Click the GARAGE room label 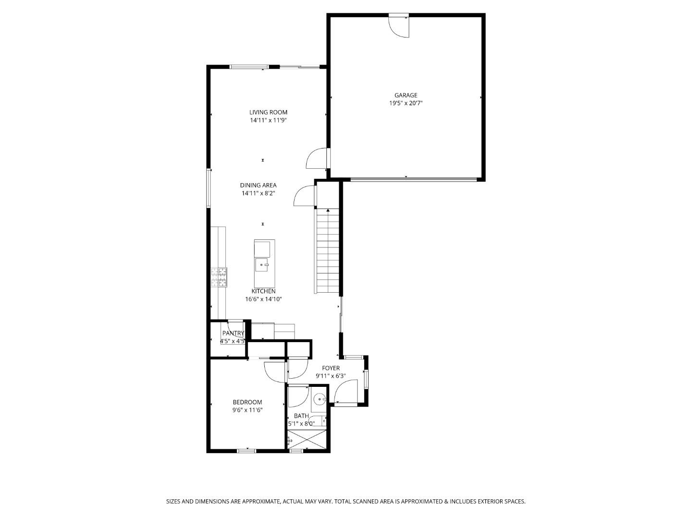406,95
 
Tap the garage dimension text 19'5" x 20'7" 406,103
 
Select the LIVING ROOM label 268,112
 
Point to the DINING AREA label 258,185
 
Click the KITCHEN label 263,291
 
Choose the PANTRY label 233,333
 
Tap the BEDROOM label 247,402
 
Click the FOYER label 331,368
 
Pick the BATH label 301,416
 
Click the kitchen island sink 262,265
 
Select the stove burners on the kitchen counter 219,277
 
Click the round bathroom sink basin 320,399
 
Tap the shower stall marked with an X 307,439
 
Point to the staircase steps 328,251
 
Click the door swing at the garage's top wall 399,26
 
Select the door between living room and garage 317,158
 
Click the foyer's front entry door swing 346,391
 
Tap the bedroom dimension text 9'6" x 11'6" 247,410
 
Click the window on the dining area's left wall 209,188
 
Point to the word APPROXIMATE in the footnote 259,501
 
